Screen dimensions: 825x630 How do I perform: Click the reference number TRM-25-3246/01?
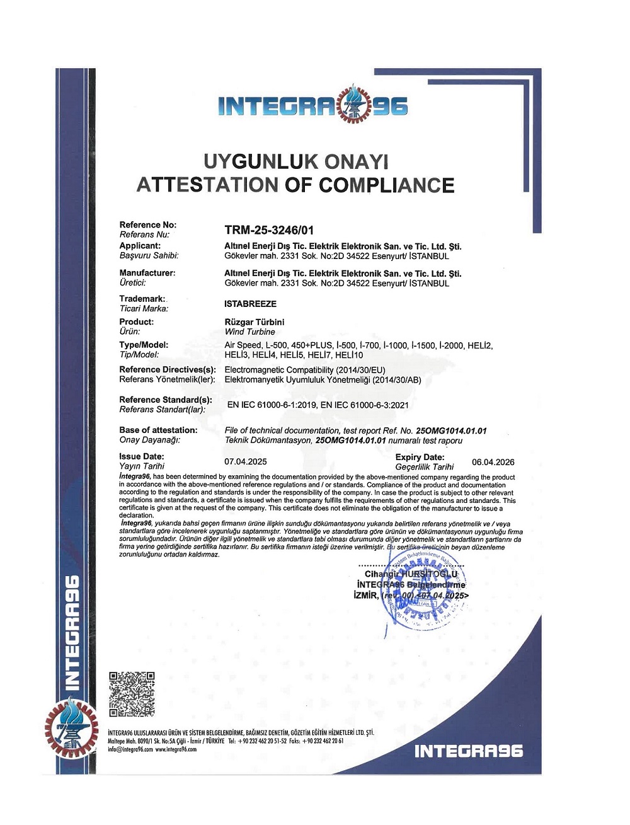(x=269, y=230)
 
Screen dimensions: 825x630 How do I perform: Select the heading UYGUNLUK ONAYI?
(x=295, y=161)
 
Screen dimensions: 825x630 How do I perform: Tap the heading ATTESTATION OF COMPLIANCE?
(x=295, y=185)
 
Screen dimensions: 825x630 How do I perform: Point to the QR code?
(x=132, y=694)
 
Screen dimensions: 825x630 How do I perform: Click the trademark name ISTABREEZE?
(x=250, y=304)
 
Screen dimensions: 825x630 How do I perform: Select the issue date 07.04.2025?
(x=246, y=461)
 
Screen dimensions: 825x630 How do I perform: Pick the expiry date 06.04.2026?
(x=493, y=462)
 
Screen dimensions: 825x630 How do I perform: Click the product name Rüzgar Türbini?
(x=255, y=322)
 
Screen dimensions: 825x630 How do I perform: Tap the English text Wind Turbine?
(x=250, y=332)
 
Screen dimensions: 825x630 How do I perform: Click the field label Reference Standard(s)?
(x=166, y=400)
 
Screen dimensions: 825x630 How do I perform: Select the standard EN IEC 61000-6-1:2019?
(x=272, y=405)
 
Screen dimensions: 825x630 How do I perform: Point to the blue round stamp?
(x=423, y=592)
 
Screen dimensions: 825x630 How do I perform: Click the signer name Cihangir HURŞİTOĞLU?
(x=411, y=574)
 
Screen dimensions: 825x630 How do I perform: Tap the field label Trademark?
(x=142, y=299)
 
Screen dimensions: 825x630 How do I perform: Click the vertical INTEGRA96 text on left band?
(x=73, y=630)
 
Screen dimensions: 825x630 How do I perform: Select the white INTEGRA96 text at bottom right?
(x=469, y=751)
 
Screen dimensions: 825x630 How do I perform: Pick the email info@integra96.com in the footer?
(x=130, y=749)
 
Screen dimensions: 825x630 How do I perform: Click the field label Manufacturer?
(x=147, y=273)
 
